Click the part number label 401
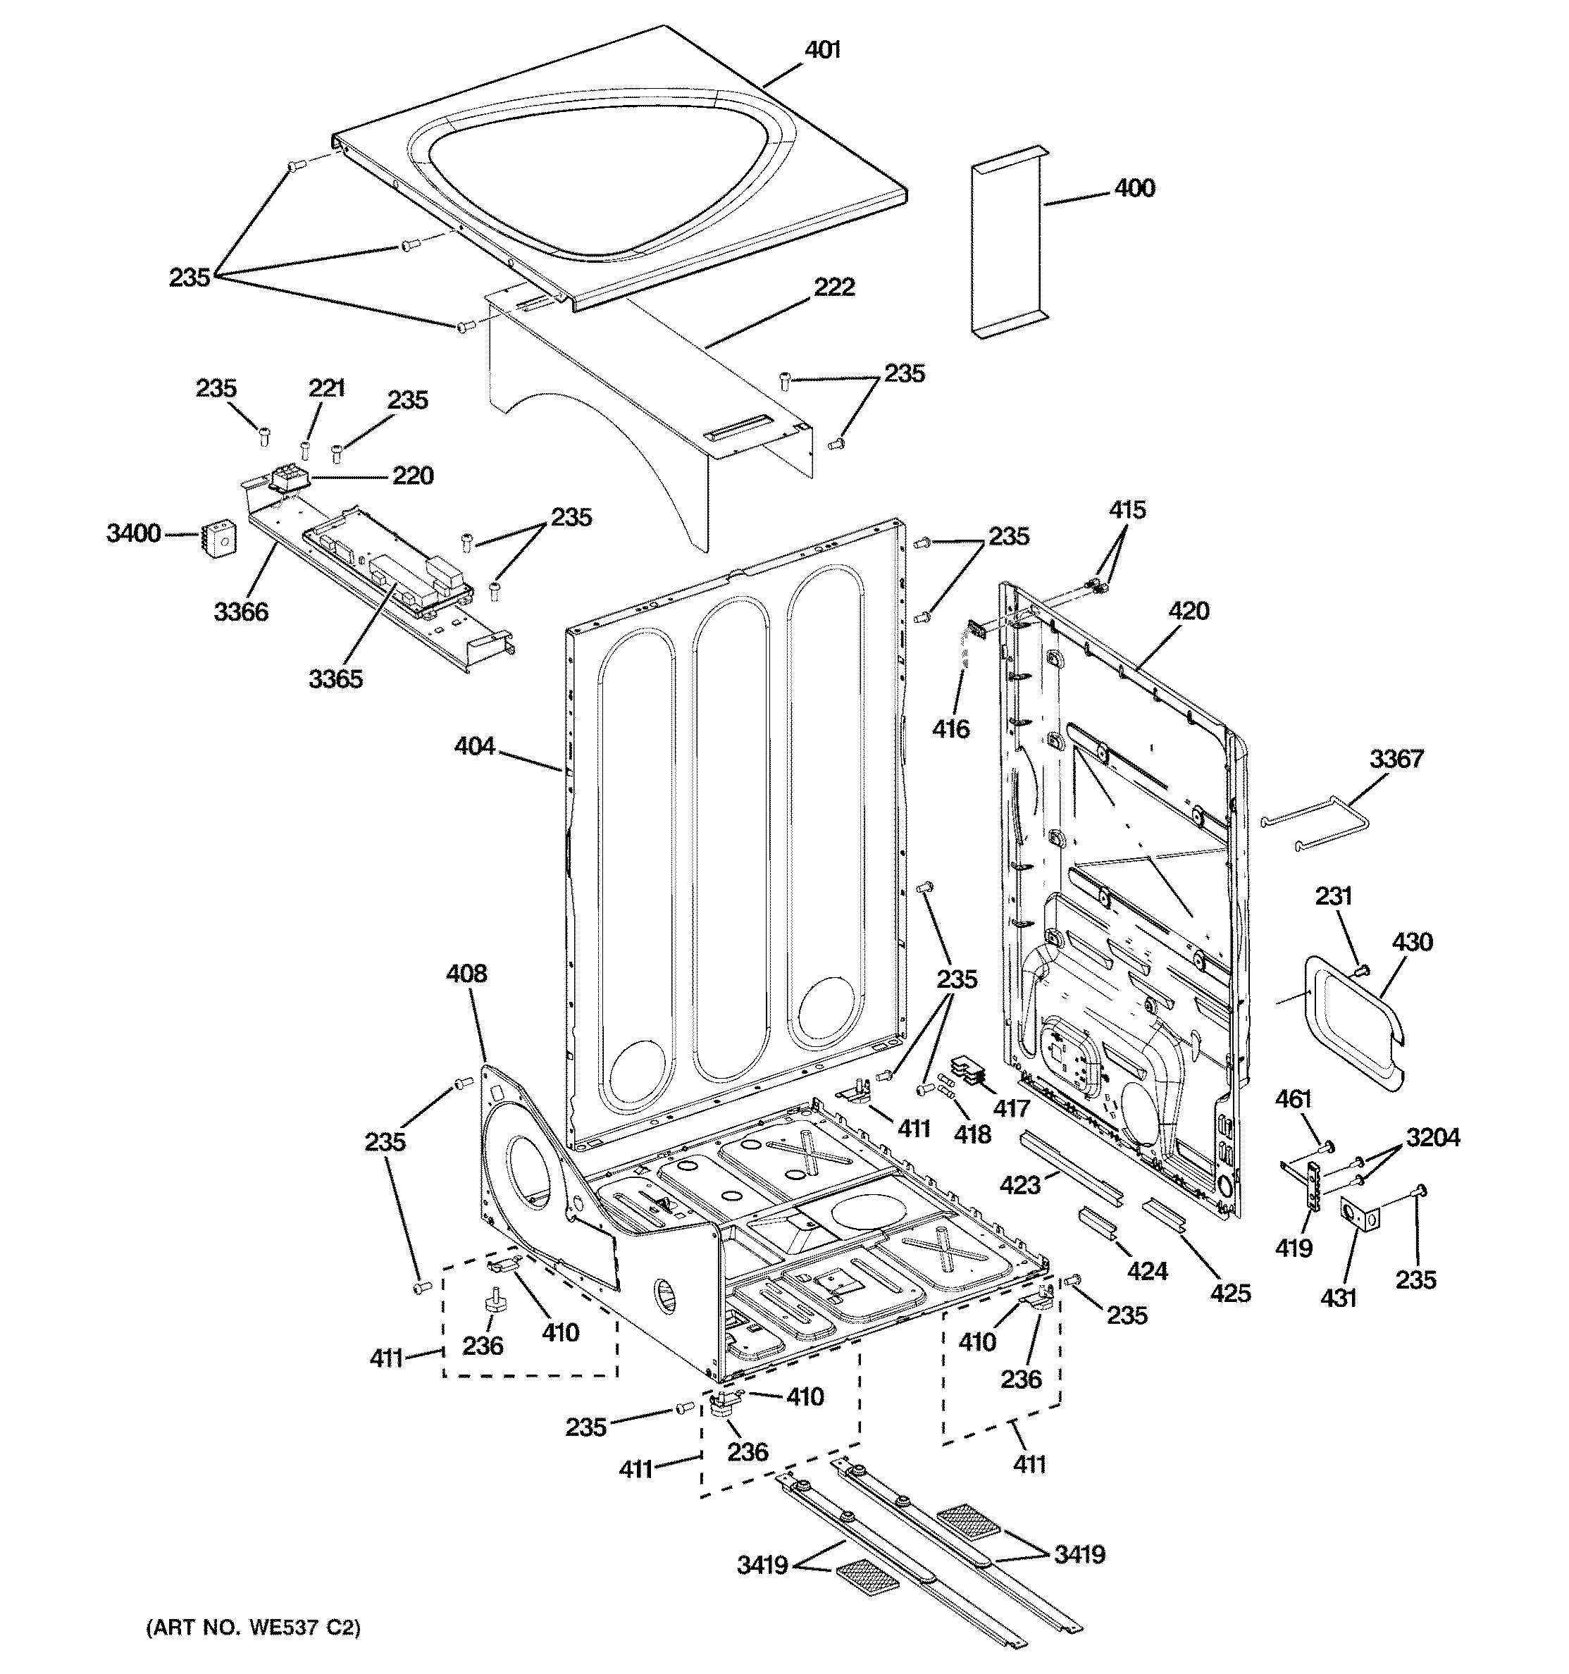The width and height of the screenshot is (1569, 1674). click(822, 51)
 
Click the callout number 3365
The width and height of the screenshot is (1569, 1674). click(335, 678)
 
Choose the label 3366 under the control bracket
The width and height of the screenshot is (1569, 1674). click(241, 612)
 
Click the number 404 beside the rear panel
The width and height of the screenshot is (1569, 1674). click(474, 745)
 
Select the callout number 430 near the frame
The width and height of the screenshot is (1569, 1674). click(1411, 941)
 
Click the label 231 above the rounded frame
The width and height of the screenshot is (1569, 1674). click(1334, 896)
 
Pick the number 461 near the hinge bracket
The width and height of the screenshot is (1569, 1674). click(1294, 1099)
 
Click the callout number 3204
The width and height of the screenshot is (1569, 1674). click(1432, 1138)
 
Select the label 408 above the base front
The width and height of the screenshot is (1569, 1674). click(466, 974)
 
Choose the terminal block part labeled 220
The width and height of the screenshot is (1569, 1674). click(288, 479)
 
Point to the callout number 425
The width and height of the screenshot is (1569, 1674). click(1230, 1293)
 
